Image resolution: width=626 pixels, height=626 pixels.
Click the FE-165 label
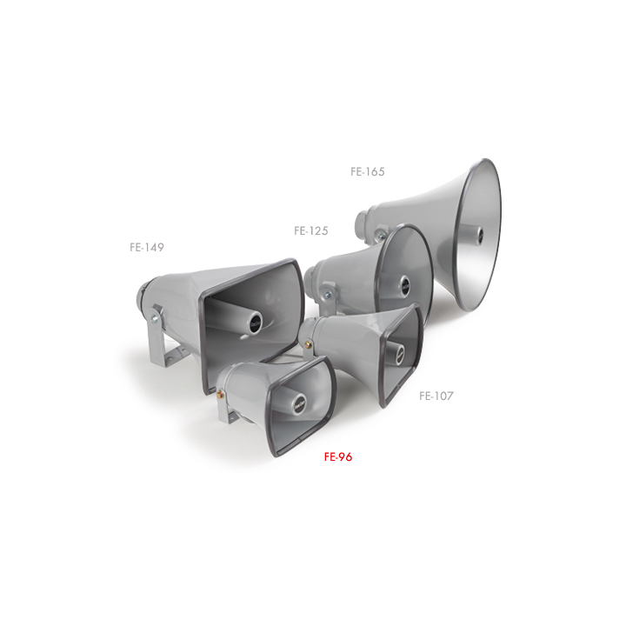click(x=367, y=171)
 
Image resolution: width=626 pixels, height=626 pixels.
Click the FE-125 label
click(x=311, y=230)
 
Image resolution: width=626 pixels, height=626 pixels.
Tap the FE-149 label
click(x=147, y=247)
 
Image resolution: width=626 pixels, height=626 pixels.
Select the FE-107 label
click(x=436, y=396)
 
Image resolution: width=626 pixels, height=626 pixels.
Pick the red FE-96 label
click(x=338, y=456)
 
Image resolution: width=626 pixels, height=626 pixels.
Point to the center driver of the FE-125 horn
click(x=404, y=283)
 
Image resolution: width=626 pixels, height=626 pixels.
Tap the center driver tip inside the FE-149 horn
click(x=256, y=322)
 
